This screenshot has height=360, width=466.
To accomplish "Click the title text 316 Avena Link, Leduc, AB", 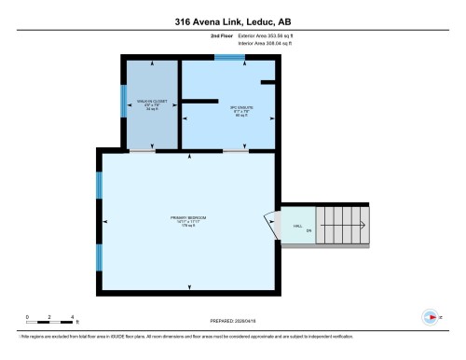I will coord(232,21).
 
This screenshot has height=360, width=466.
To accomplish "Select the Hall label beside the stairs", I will coord(297,227).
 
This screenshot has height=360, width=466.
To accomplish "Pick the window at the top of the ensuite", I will coord(227,58).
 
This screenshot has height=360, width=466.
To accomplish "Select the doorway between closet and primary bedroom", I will coord(143,151).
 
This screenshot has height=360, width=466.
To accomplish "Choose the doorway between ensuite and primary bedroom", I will coord(235,151).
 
